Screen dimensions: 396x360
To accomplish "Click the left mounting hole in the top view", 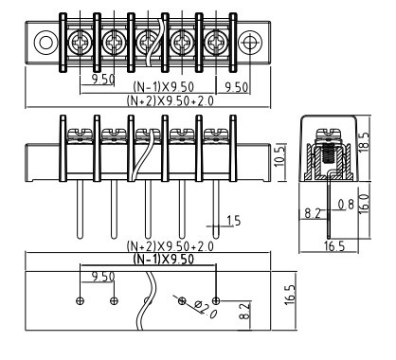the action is [x=45, y=42].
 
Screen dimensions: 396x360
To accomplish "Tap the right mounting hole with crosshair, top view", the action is [x=250, y=42].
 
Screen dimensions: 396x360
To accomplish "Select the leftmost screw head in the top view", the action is [x=81, y=42].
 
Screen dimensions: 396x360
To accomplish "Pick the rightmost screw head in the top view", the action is [x=216, y=42].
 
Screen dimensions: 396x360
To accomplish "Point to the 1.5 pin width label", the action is [x=234, y=221].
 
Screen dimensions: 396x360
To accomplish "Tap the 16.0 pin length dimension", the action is [x=364, y=204].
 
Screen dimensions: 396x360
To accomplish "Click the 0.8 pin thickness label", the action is [x=346, y=205].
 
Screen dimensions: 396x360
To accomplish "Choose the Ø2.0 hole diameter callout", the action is [x=206, y=310].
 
